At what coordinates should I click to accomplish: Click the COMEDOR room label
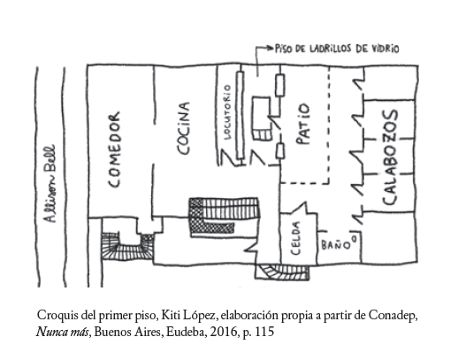[x=114, y=149]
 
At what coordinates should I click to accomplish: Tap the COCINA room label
[x=183, y=128]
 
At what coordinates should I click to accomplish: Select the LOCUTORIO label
[x=227, y=112]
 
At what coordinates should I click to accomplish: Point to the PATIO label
[x=303, y=124]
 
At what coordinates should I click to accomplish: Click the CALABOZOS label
[x=390, y=157]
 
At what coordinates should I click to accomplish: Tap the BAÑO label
[x=339, y=243]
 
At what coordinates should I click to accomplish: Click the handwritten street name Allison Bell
[x=50, y=183]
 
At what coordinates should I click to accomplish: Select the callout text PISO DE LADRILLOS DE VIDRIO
[x=337, y=49]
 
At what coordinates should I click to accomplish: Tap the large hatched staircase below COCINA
[x=225, y=217]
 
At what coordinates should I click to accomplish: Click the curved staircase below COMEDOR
[x=127, y=247]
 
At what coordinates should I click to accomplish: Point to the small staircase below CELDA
[x=282, y=272]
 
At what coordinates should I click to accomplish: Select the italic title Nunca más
[x=62, y=332]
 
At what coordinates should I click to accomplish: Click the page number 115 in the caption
[x=264, y=332]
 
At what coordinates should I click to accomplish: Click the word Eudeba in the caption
[x=187, y=332]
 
